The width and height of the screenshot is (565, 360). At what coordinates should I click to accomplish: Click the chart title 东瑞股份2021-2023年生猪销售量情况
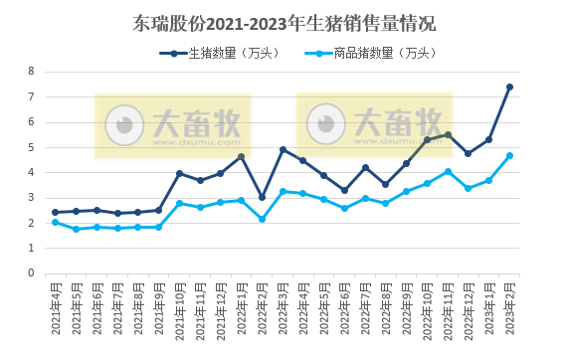[x=283, y=23]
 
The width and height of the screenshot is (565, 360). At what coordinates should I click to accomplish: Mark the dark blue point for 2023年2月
[x=509, y=87]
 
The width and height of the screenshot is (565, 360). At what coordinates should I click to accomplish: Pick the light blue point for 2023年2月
[x=509, y=155]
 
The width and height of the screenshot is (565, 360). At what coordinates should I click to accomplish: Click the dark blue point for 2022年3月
[x=282, y=149]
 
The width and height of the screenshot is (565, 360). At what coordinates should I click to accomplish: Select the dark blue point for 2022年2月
[x=262, y=197]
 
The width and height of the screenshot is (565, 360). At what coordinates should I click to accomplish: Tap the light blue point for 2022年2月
[x=262, y=219]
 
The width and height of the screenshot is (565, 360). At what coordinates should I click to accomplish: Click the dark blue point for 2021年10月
[x=179, y=173]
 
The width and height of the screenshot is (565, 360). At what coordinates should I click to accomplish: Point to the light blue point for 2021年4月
[x=56, y=222]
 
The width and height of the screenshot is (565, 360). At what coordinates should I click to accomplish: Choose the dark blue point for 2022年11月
[x=448, y=134]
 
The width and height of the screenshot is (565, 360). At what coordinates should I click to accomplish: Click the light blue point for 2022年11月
[x=448, y=171]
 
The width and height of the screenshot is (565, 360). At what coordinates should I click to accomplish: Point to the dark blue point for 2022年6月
[x=344, y=190]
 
